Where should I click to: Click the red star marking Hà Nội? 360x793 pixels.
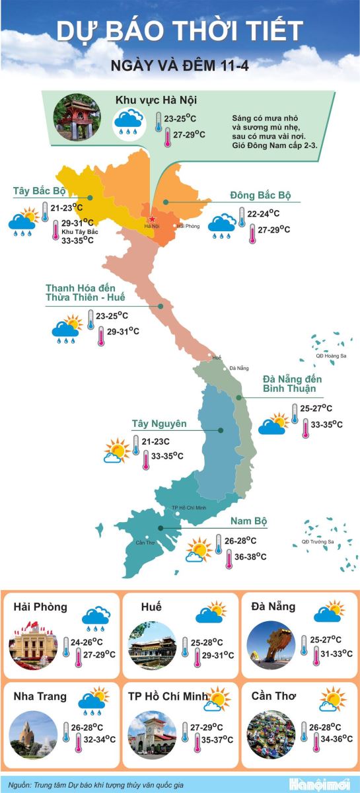coord(152,219)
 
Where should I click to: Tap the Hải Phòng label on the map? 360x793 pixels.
coord(188,226)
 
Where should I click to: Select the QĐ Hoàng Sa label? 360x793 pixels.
coord(331,356)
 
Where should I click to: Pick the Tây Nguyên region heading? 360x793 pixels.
coord(159,424)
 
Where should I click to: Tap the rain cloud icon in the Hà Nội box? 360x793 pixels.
coord(129,122)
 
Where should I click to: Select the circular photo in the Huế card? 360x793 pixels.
coord(153,646)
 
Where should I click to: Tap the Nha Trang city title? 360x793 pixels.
coord(40,697)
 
